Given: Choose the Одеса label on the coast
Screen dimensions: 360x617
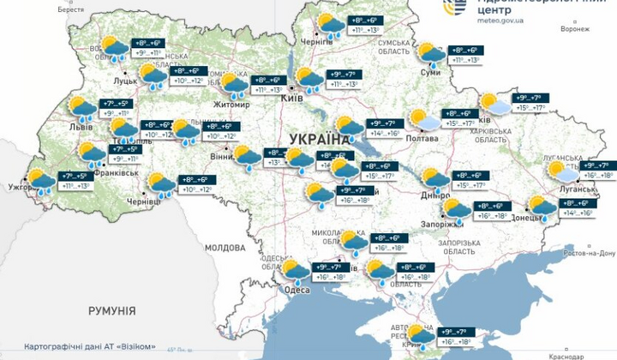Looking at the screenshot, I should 297,289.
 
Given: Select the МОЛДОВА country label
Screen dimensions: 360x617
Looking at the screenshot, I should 225,248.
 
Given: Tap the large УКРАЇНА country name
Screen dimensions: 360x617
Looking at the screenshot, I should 320,139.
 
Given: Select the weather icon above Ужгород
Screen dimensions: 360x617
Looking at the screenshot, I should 40,181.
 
